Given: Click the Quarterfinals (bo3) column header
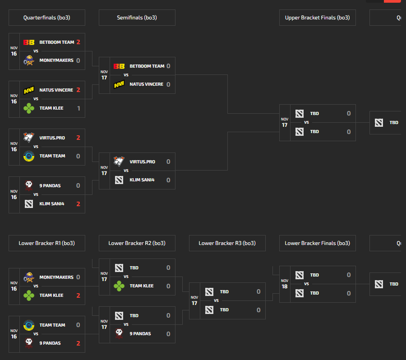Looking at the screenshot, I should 47,18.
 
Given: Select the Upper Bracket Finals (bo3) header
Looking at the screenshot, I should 317,18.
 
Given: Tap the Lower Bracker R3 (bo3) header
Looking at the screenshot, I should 227,243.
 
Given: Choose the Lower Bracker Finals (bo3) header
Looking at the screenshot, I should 317,243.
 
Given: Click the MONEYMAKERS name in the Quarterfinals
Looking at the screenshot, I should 56,60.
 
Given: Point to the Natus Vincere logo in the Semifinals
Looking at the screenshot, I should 119,84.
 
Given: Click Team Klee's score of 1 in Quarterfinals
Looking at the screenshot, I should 78,108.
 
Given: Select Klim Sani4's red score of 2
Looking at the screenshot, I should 78,204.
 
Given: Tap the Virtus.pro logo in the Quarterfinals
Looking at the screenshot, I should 29,138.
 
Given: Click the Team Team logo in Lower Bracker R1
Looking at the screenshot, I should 29,325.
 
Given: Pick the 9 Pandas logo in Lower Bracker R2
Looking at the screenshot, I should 119,333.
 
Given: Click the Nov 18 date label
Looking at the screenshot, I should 285,284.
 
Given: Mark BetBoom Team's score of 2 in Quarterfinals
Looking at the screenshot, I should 78,42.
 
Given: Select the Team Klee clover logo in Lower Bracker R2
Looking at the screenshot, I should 119,286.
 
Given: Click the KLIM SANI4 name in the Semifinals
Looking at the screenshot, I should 142,180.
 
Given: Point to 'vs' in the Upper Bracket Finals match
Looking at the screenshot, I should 306,122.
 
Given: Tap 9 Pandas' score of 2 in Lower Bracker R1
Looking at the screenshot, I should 78,343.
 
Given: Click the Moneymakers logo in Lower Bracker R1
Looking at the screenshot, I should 29,277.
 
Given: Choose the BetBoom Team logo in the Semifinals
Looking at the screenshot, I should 119,66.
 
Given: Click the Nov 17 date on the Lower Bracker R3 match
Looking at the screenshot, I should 194,300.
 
